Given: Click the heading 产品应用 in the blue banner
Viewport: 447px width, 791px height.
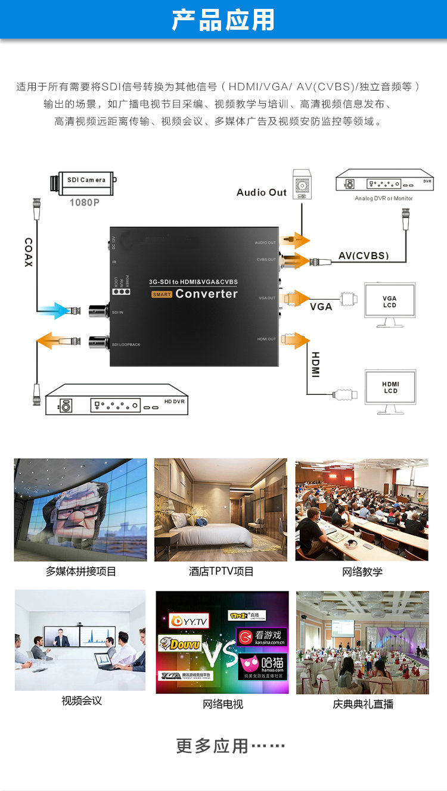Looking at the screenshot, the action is click(x=223, y=20).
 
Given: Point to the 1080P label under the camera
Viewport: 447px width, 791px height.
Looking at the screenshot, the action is click(x=85, y=203).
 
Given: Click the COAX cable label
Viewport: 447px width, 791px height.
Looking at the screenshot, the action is click(x=28, y=252).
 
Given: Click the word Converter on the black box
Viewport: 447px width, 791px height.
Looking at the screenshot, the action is click(x=206, y=294).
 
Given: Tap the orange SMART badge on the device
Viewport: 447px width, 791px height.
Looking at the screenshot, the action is click(x=161, y=294).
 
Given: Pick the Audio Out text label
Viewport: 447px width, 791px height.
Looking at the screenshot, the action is click(x=262, y=192).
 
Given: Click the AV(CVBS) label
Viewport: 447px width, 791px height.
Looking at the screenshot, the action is click(x=364, y=256).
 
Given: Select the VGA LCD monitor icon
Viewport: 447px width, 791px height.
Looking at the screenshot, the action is click(x=389, y=303).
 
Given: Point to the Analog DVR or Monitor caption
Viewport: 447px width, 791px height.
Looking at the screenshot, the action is click(x=384, y=198).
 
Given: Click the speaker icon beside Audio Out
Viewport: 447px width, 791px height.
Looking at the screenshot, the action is click(x=302, y=185).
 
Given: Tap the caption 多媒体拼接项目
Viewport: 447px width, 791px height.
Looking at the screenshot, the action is click(x=81, y=572).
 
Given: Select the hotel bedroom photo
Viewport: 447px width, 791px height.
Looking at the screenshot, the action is click(x=221, y=509).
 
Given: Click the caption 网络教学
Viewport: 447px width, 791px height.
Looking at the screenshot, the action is click(x=362, y=572).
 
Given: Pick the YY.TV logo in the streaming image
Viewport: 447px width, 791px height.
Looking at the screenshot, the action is click(x=190, y=621).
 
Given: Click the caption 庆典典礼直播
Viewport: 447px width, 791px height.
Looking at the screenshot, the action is click(x=363, y=704).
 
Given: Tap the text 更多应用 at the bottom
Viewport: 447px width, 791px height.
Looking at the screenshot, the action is click(x=212, y=746).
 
